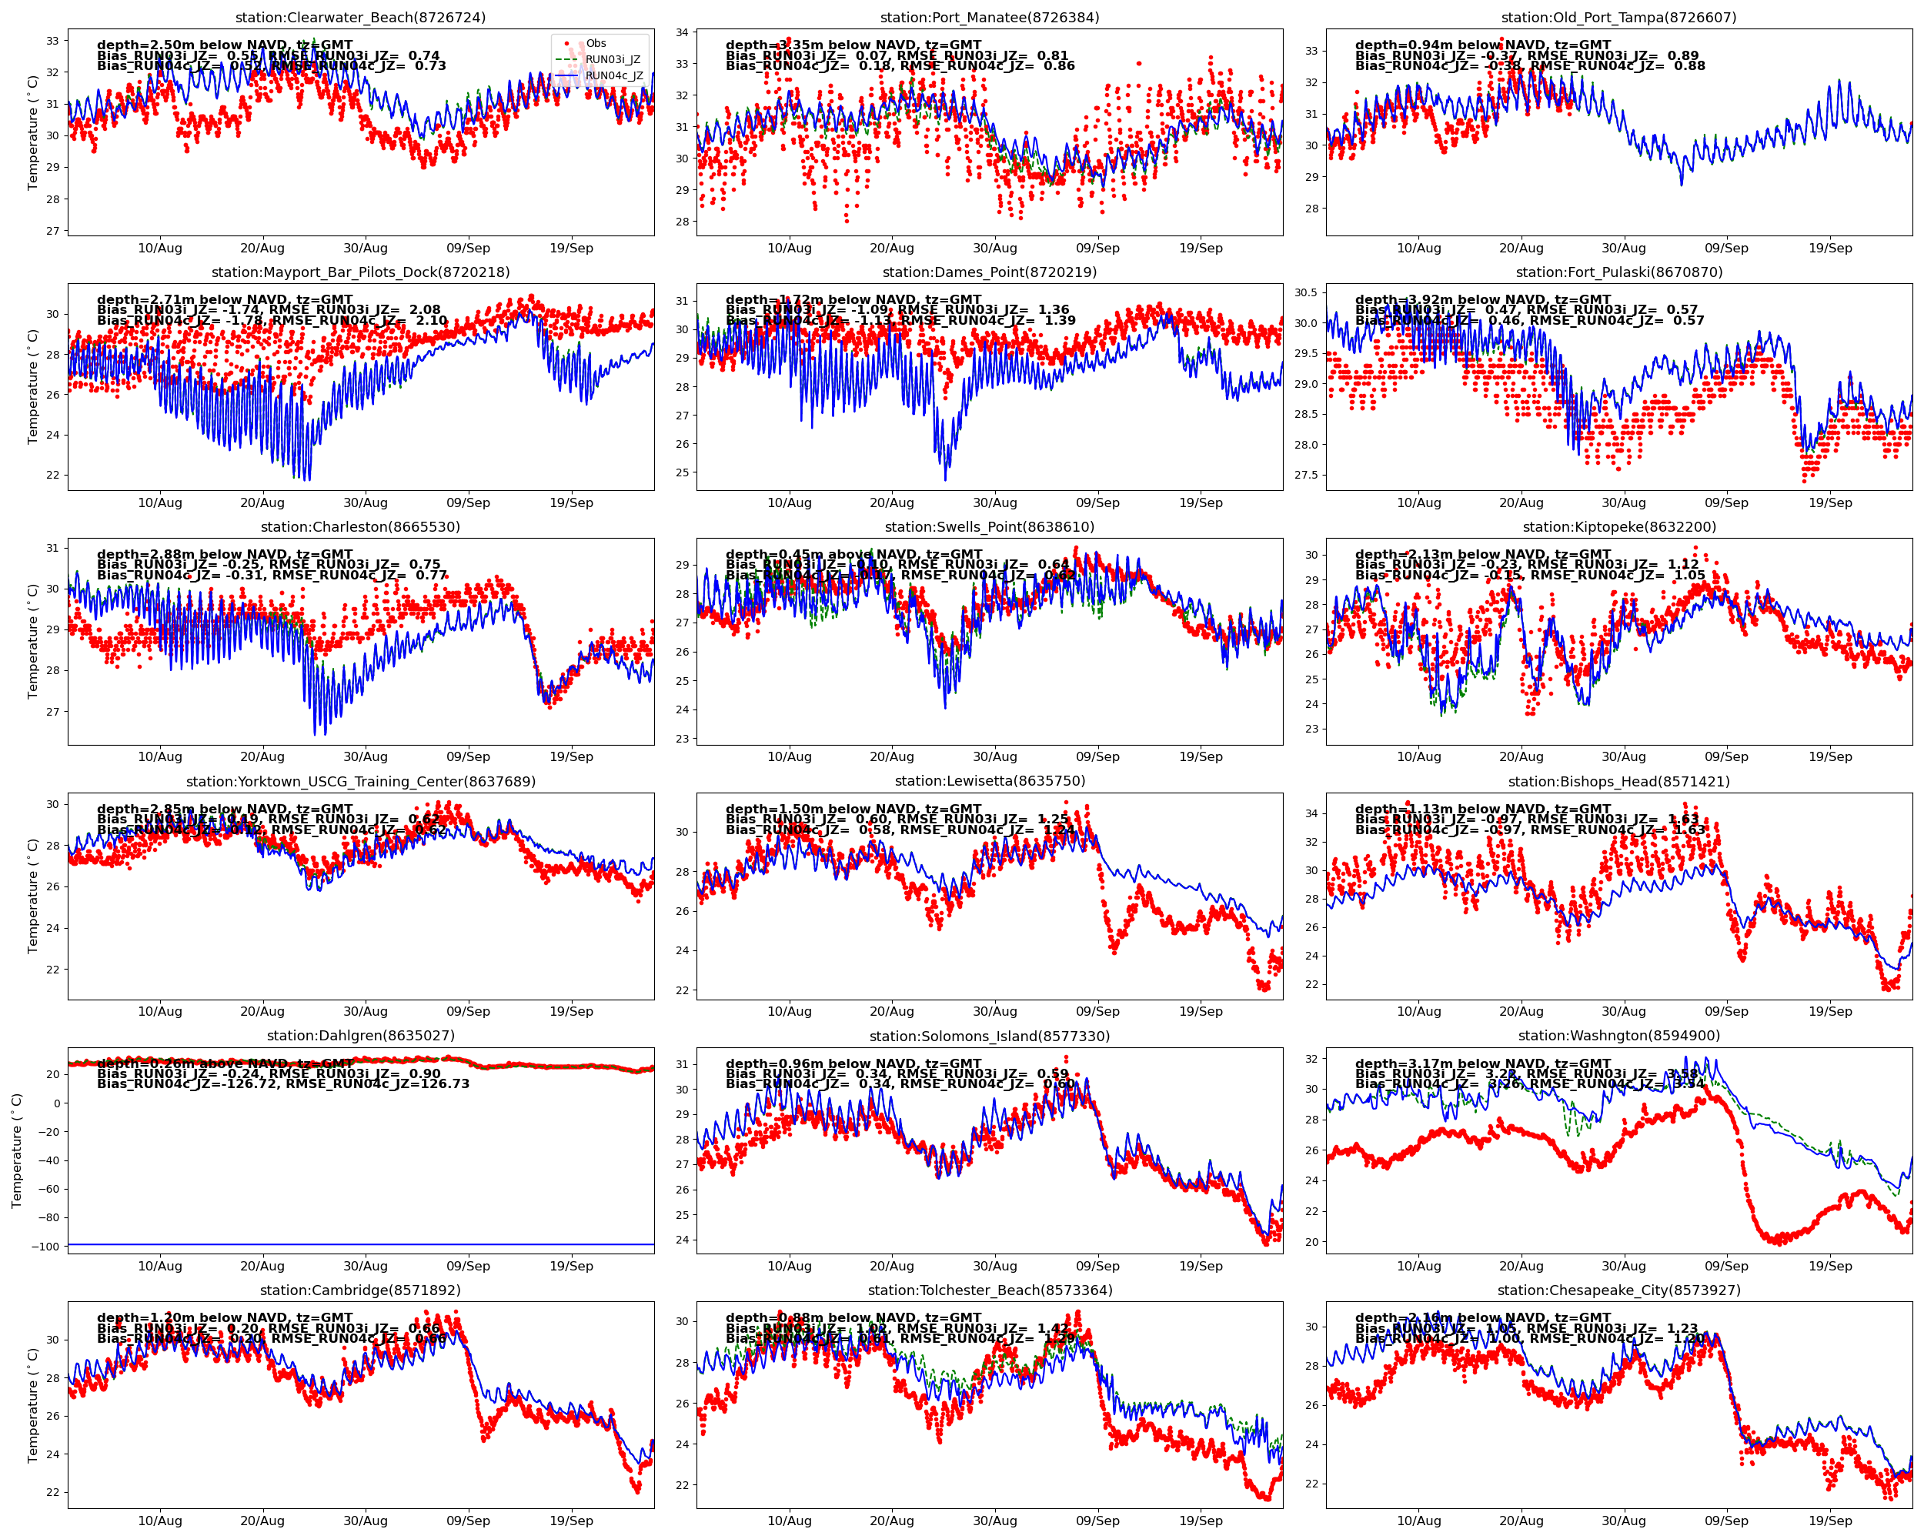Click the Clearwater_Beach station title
(x=360, y=18)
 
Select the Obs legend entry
(x=595, y=44)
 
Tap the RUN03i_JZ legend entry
(x=612, y=60)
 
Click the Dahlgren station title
(x=360, y=1036)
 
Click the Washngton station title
(x=1618, y=1036)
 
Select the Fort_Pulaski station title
(x=1618, y=272)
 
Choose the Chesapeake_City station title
(x=1618, y=1290)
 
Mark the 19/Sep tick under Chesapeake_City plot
(x=1830, y=1521)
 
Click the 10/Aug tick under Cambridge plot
(x=160, y=1521)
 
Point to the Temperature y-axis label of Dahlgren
(x=17, y=1151)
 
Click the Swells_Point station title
(x=990, y=527)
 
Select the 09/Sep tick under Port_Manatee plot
(x=1097, y=248)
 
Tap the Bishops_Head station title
(x=1618, y=782)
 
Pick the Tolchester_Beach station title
(x=990, y=1290)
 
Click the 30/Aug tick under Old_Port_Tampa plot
(x=1623, y=248)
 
